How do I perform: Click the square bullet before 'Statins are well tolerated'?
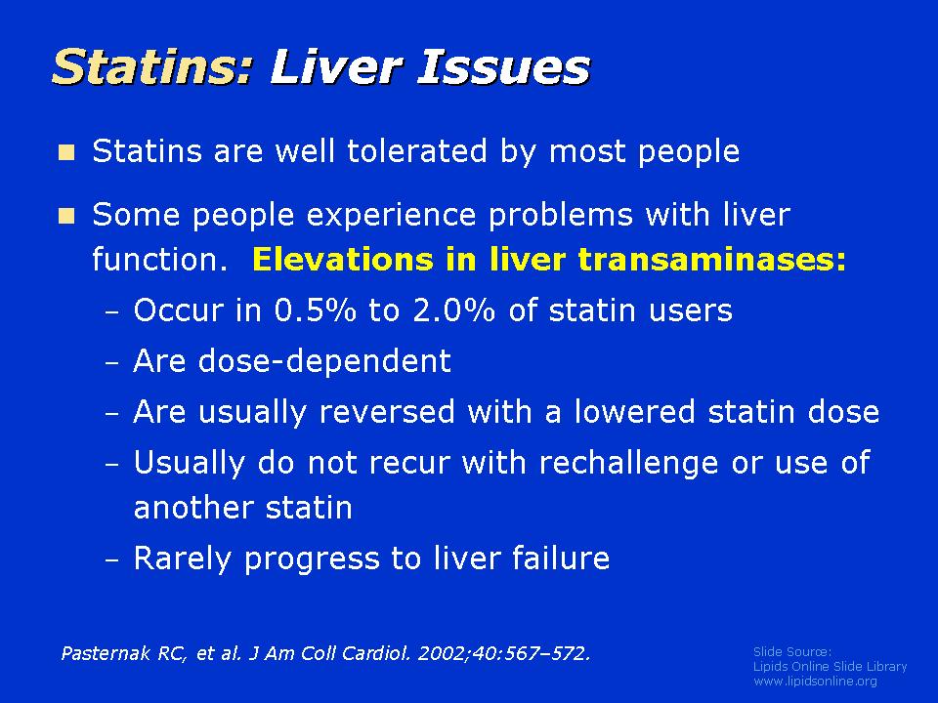66,152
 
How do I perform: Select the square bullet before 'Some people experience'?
66,215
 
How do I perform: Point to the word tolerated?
417,150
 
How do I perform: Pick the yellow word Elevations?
343,260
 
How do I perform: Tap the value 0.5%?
316,310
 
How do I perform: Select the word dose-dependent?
324,361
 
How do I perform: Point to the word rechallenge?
628,464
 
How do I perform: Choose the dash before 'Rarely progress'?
111,560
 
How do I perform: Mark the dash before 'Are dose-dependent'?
111,363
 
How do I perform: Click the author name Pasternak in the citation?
106,653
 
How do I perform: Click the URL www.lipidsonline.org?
815,681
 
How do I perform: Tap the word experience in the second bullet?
391,215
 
